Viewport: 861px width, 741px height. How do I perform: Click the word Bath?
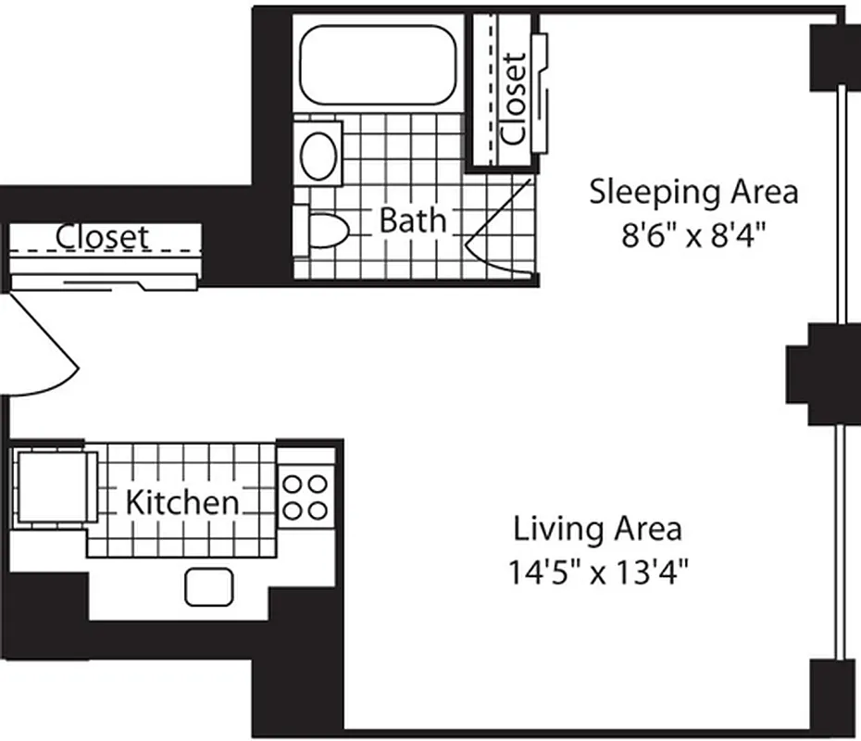[x=412, y=220]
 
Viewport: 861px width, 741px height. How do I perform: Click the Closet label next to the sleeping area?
[x=513, y=98]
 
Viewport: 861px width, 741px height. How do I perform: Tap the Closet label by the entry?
[x=102, y=236]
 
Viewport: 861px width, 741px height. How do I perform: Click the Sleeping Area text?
[x=693, y=193]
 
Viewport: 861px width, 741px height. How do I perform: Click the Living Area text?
[x=598, y=529]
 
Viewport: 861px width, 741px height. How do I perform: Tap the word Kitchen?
[x=181, y=503]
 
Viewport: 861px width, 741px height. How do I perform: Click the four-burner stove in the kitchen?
[x=306, y=496]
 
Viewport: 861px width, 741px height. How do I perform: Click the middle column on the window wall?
[x=819, y=373]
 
